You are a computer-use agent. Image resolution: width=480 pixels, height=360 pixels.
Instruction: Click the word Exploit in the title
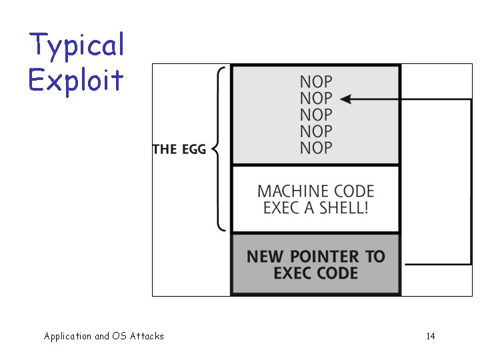76,80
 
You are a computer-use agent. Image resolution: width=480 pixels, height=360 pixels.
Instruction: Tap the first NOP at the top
315,82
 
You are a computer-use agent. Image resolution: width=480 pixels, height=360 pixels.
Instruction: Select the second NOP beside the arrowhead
315,99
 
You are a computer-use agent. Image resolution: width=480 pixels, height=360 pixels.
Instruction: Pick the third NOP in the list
315,115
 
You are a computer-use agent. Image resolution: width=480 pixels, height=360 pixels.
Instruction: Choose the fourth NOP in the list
315,131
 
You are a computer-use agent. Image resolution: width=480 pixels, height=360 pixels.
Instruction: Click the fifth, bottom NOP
315,147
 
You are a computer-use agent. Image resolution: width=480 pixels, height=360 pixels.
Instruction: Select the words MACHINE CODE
316,191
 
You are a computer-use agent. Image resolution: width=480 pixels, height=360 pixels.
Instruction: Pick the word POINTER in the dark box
316,257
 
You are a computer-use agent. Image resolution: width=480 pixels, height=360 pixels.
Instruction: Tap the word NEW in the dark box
264,257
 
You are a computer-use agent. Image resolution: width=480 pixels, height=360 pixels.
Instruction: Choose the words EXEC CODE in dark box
316,273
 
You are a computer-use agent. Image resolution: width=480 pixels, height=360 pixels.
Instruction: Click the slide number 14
431,336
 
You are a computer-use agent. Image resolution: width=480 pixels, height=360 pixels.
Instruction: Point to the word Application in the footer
67,337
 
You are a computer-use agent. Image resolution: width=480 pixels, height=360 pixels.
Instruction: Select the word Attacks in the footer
147,336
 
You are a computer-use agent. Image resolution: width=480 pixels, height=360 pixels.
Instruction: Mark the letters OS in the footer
120,336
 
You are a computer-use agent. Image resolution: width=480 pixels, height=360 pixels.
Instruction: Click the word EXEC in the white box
279,207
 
